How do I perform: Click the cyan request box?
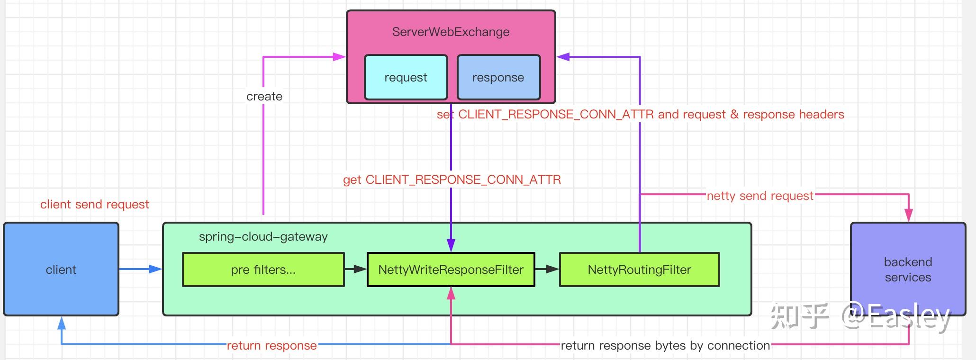(406, 77)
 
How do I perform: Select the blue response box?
(498, 77)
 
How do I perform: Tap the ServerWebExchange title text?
(451, 32)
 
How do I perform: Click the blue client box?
(61, 269)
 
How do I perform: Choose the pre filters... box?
(263, 270)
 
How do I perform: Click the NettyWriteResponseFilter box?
(451, 270)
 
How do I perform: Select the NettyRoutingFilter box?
(639, 270)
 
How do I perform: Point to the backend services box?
(907, 269)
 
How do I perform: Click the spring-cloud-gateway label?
(263, 236)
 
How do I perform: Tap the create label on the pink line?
(264, 96)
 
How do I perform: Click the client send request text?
(94, 204)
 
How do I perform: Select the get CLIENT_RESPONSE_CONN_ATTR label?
(452, 180)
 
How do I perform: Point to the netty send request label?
(759, 196)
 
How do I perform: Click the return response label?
(271, 345)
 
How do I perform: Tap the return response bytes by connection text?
(665, 345)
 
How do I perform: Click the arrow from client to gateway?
(140, 269)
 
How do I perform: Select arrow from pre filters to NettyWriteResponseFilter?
(355, 269)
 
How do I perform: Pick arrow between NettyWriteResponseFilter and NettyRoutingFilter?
(547, 269)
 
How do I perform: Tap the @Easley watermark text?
(895, 316)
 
